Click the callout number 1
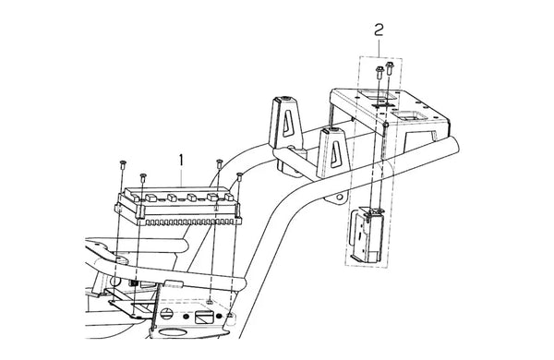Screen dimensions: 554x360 click(181, 161)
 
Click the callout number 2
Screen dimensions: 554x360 click(379, 30)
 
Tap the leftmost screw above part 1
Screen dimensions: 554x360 click(123, 164)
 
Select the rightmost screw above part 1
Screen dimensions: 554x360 click(239, 176)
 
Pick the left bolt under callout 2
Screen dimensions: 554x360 click(379, 72)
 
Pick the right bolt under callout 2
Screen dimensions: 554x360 click(390, 68)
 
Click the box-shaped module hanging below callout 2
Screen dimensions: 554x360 click(367, 234)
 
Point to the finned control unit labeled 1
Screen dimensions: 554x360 click(178, 207)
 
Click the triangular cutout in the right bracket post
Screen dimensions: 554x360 click(334, 154)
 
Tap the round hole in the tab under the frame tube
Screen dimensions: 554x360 click(339, 197)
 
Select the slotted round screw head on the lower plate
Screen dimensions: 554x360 click(167, 313)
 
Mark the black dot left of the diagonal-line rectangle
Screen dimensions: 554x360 click(187, 316)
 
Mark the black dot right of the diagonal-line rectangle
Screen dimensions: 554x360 click(219, 316)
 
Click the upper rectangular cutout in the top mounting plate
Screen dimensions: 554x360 click(375, 95)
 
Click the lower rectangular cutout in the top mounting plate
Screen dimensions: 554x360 click(410, 115)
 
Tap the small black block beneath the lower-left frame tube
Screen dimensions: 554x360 click(134, 283)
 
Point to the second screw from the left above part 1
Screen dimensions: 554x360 click(143, 177)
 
